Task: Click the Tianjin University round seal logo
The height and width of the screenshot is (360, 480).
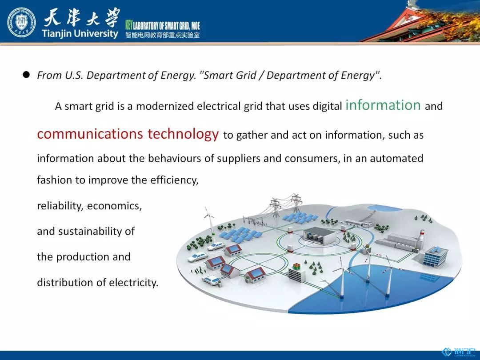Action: pos(21,22)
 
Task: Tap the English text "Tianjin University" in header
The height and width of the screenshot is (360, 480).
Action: pos(80,33)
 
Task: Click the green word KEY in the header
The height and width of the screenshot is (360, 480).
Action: pos(128,25)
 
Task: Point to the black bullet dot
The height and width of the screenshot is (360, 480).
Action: pos(26,75)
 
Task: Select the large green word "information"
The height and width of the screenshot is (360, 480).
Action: pos(383,105)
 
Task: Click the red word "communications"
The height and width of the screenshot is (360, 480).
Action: pos(90,134)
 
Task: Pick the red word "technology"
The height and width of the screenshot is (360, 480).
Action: pos(183,134)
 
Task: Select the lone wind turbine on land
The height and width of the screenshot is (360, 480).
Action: pos(210,220)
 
